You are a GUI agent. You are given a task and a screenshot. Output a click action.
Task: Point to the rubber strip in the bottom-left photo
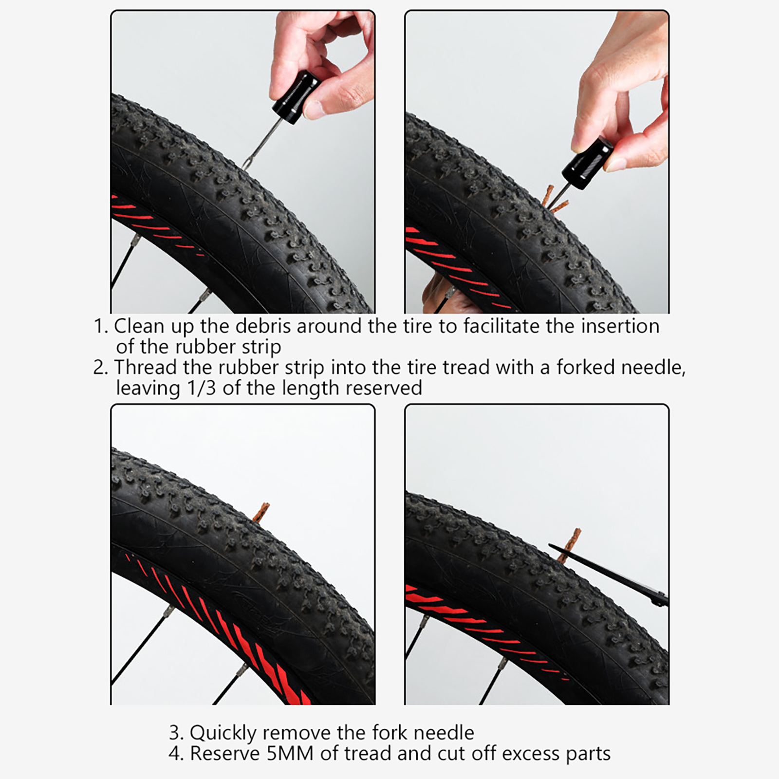(263, 514)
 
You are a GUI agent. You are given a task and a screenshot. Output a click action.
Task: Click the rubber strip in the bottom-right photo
(571, 547)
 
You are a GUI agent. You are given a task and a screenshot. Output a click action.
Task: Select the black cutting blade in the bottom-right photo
(609, 575)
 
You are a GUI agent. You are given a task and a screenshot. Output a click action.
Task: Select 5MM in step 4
(290, 754)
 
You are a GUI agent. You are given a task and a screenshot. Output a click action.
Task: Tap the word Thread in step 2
(146, 368)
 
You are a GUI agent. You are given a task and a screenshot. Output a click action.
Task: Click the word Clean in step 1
(139, 326)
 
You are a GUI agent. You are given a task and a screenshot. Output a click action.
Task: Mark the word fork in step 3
(391, 733)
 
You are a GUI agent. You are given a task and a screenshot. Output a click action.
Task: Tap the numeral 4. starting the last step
(176, 754)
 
